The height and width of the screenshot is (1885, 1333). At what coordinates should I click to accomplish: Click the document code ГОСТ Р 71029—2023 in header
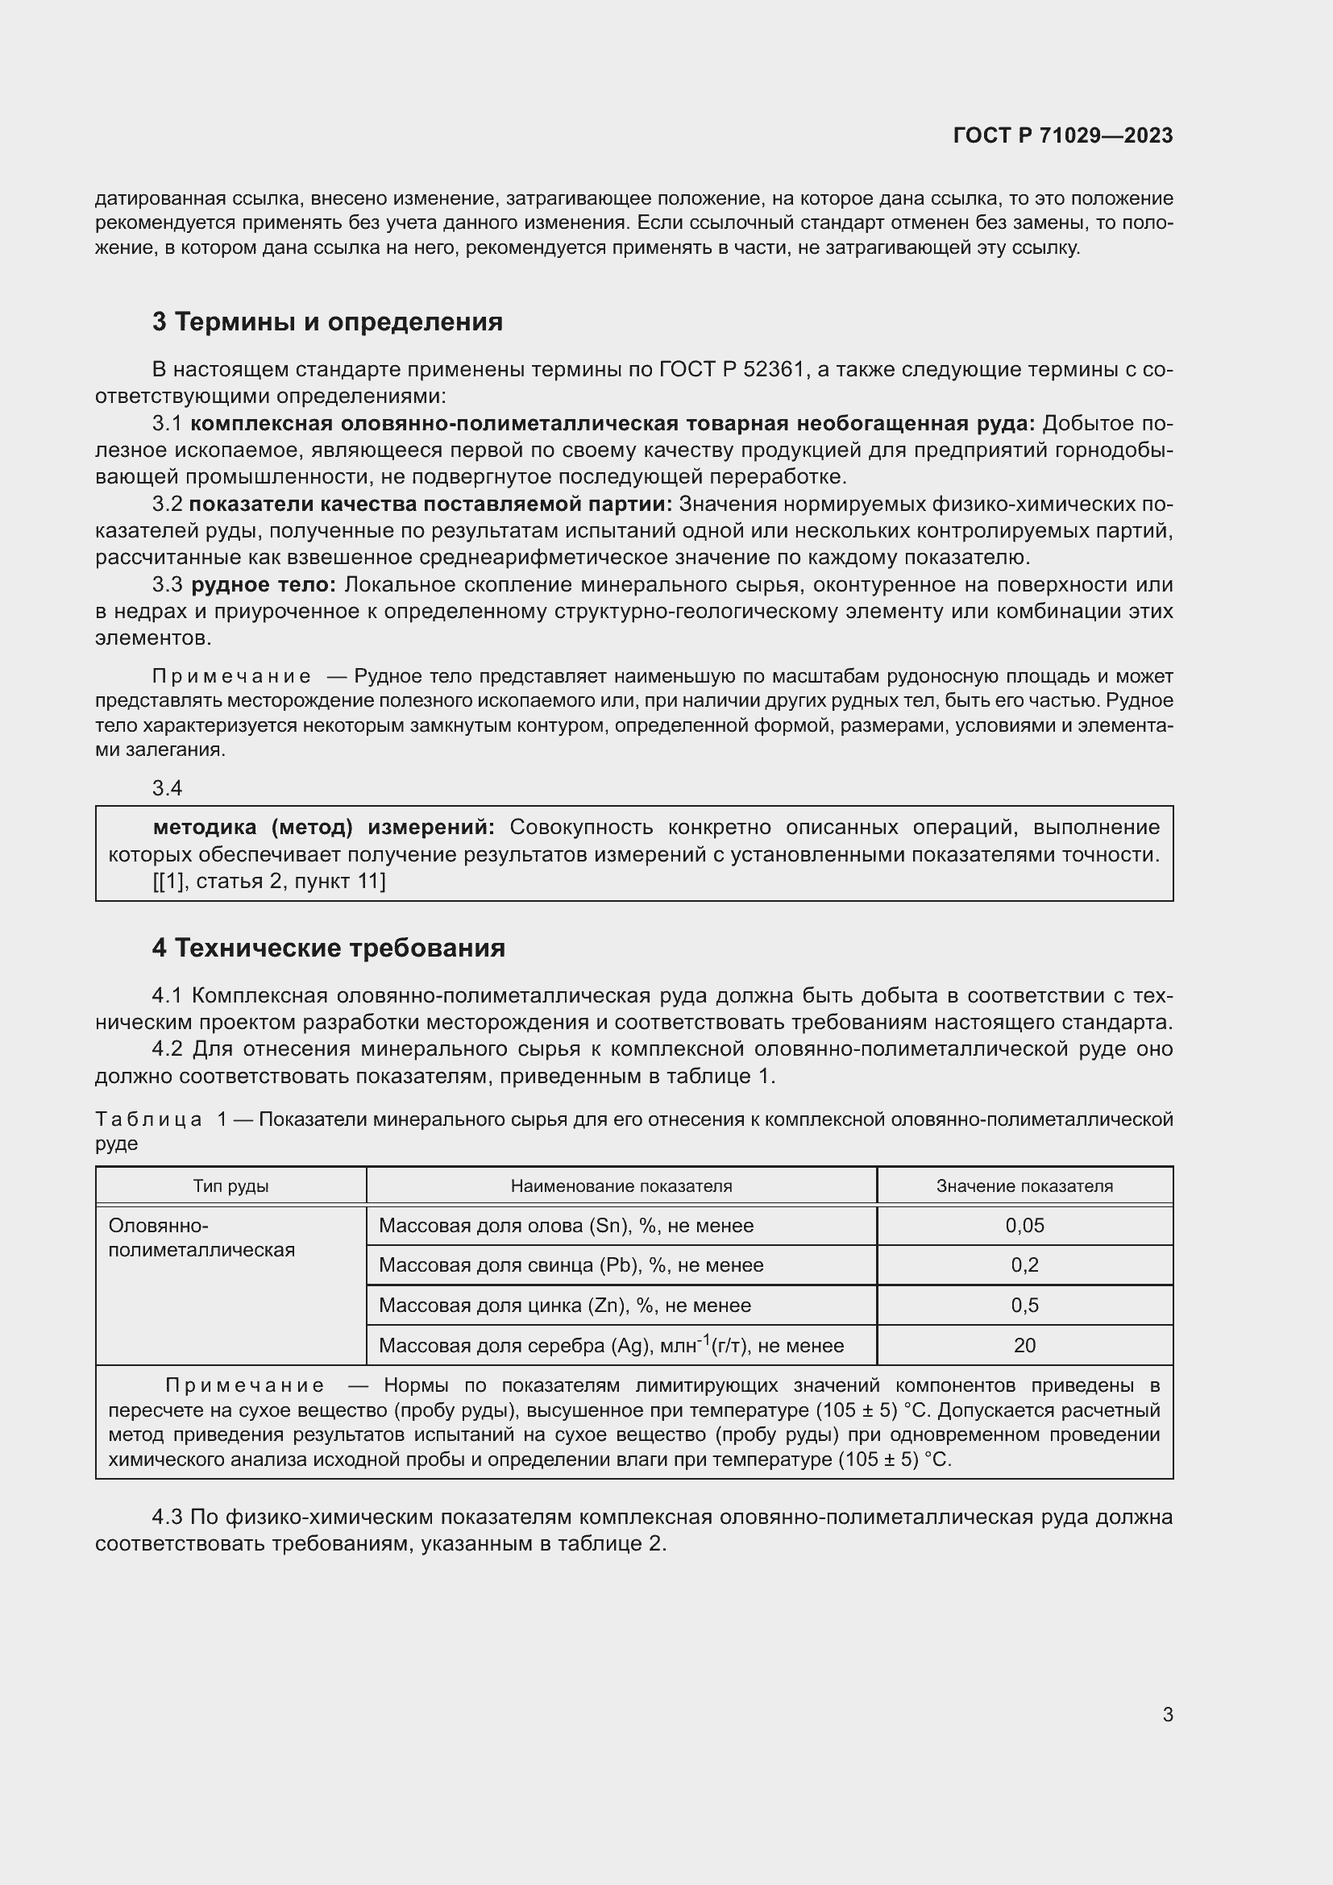click(1063, 135)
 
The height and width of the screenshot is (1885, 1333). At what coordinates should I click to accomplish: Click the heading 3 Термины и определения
click(326, 322)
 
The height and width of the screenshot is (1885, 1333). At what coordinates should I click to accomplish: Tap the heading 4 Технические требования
click(328, 949)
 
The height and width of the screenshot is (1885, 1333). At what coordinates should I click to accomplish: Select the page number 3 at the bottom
click(1167, 1714)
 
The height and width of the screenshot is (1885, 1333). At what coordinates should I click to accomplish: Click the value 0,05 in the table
click(1024, 1226)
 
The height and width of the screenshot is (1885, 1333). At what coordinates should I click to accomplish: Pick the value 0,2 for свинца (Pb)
click(1024, 1265)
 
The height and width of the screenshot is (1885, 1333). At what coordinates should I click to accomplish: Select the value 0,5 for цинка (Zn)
click(1024, 1306)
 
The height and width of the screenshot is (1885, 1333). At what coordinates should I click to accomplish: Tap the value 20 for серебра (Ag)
click(1024, 1346)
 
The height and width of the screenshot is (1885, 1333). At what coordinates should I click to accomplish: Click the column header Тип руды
click(230, 1186)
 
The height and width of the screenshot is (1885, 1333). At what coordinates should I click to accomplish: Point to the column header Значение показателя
click(1024, 1186)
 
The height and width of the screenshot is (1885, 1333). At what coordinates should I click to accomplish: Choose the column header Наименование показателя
click(621, 1186)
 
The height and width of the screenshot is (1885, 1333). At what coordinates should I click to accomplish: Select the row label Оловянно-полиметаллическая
click(201, 1238)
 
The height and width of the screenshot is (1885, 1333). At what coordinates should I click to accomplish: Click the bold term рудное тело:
click(264, 584)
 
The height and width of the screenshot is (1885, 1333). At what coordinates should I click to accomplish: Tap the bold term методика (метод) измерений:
click(323, 827)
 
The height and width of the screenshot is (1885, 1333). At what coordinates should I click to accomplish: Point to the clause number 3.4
click(167, 788)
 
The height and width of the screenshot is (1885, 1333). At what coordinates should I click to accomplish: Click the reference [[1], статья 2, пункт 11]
click(268, 881)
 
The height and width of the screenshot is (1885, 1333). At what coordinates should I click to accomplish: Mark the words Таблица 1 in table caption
click(161, 1120)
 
